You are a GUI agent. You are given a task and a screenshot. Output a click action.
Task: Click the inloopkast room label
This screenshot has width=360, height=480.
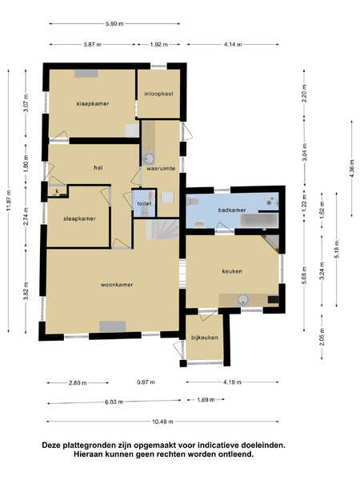158,94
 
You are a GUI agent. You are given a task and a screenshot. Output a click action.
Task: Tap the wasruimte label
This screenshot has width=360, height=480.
161,169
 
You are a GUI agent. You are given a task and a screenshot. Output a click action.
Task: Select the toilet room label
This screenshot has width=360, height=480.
144,203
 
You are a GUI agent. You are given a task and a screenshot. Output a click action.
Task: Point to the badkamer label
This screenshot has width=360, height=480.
232,210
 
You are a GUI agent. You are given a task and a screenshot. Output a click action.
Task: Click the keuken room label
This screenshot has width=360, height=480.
232,271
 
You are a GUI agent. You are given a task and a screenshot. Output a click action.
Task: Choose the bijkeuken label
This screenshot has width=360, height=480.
205,338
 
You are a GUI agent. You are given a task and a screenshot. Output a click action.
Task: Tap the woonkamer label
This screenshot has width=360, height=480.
117,285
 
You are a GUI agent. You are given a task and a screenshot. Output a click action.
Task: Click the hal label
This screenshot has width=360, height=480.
98,168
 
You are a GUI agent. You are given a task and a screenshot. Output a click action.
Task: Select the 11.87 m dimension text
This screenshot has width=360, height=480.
9,201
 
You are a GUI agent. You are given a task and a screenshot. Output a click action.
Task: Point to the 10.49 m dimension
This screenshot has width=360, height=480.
162,422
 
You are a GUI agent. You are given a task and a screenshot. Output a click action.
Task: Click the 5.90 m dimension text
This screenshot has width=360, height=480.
114,23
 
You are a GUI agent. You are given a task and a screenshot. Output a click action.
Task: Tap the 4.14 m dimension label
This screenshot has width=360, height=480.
233,44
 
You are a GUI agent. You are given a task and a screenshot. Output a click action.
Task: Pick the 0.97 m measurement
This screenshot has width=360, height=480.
146,382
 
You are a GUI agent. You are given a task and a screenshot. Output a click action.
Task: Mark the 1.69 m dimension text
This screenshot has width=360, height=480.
206,400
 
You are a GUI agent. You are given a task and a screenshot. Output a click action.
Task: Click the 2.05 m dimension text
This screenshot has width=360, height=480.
322,337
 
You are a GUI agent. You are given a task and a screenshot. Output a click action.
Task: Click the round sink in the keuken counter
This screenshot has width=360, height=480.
243,300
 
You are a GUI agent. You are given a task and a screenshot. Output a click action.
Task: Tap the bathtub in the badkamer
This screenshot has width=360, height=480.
259,221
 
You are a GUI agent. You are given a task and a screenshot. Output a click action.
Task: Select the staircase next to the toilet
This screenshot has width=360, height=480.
162,229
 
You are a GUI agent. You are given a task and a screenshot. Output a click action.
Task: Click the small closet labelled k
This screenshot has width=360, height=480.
57,191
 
